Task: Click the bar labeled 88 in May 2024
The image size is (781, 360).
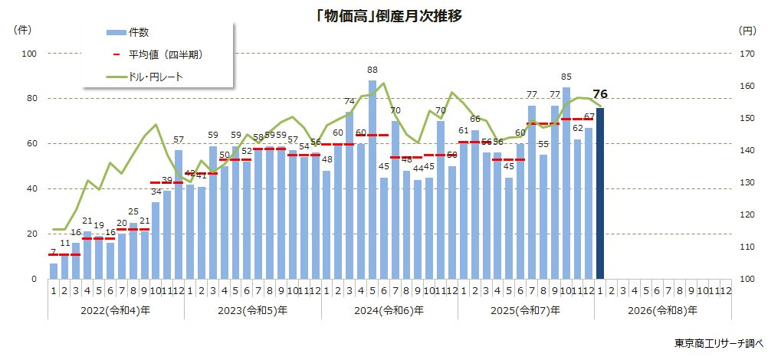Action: click(x=372, y=179)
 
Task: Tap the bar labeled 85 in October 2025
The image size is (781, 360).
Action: click(x=566, y=183)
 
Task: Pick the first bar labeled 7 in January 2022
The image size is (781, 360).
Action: click(x=54, y=271)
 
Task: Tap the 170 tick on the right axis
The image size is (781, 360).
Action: click(x=748, y=54)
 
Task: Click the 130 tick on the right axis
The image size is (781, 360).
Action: click(x=748, y=182)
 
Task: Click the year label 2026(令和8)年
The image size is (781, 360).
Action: click(x=662, y=310)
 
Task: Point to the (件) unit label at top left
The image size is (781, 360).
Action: click(x=22, y=30)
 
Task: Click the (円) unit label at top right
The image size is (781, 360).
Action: click(x=748, y=30)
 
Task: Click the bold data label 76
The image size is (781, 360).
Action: click(x=601, y=94)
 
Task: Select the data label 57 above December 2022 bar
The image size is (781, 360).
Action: click(x=179, y=140)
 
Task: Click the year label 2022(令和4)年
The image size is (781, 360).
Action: click(x=116, y=310)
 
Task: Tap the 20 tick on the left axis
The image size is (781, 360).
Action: click(x=32, y=234)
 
